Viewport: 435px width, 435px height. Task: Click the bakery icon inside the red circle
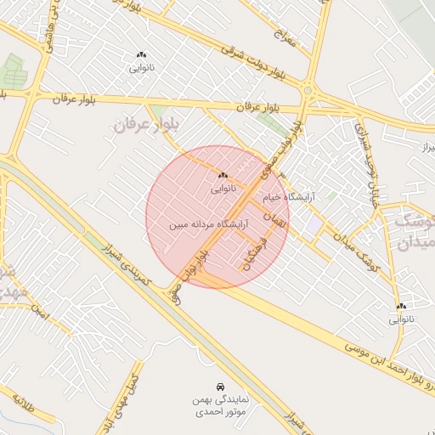tap(223, 175)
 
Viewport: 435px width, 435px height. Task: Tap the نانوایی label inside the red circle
tap(223, 190)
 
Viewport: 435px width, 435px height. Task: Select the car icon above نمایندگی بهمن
tap(220, 385)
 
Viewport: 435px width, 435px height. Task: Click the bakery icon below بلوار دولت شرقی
tap(141, 56)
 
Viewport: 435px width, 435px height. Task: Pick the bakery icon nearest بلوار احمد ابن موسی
tap(400, 306)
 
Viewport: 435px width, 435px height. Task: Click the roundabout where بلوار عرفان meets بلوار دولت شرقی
tap(308, 92)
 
